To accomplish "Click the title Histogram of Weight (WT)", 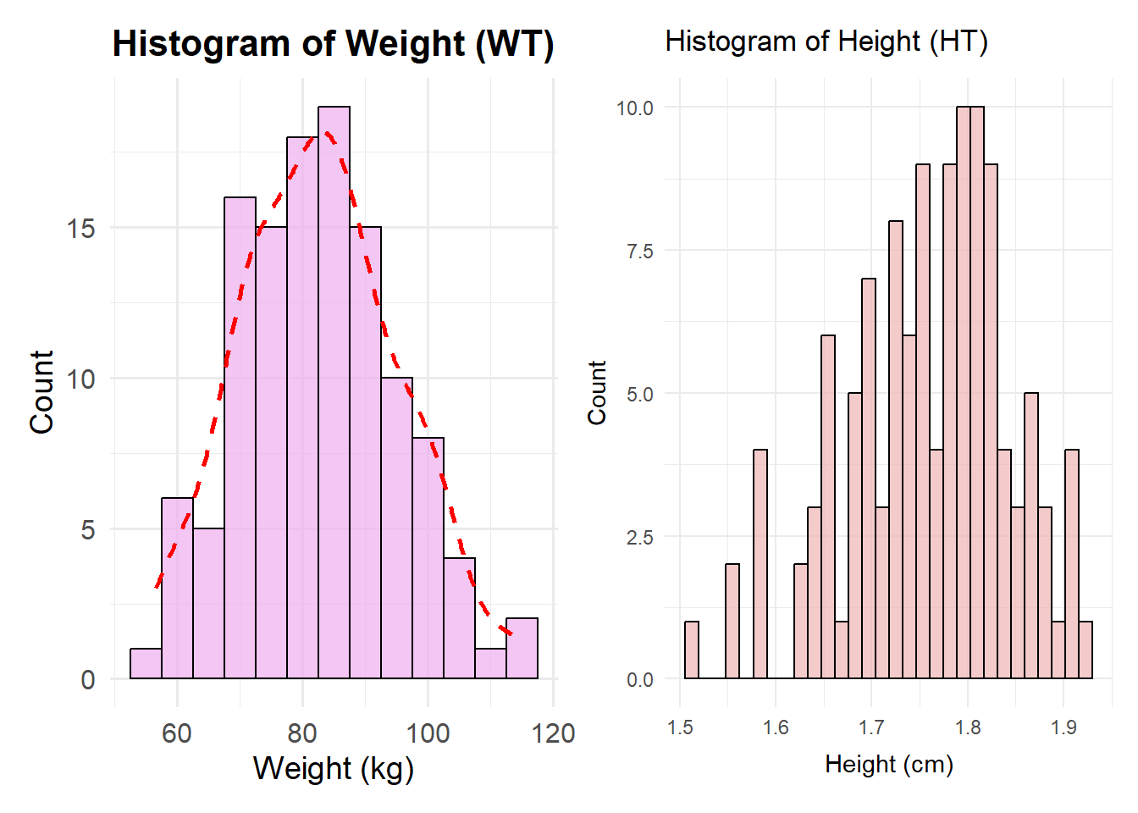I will pos(333,43).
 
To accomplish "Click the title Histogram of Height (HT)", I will pos(826,41).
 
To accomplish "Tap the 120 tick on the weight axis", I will pos(553,733).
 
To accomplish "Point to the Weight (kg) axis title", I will pos(333,768).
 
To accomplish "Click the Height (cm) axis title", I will pos(889,764).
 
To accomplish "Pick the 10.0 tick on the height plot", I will pos(634,108).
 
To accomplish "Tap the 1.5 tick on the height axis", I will pos(679,727).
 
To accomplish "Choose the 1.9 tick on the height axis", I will pos(1063,727).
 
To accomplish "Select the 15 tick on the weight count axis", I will pos(81,228).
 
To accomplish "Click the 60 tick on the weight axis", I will pos(176,733).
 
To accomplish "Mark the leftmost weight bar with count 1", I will pos(146,664).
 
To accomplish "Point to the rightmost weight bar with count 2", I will pos(522,649).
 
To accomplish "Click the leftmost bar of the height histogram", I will pos(692,650).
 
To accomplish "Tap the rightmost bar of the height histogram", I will pos(1086,650).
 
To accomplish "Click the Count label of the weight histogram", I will pos(41,392).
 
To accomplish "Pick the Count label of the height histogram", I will pos(597,392).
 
